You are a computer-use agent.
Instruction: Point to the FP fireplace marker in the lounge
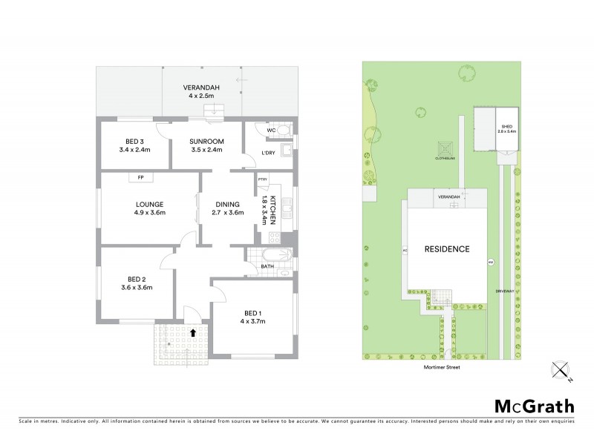pos(140,177)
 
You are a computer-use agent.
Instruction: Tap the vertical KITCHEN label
pos(273,210)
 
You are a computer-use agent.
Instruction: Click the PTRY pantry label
pos(262,179)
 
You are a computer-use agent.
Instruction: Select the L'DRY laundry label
pos(269,154)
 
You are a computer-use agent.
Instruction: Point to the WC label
pos(271,131)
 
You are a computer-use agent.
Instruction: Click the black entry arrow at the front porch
pos(193,333)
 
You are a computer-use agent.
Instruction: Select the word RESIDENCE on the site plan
pos(447,249)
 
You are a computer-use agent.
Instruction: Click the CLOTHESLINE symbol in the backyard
pos(444,148)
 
